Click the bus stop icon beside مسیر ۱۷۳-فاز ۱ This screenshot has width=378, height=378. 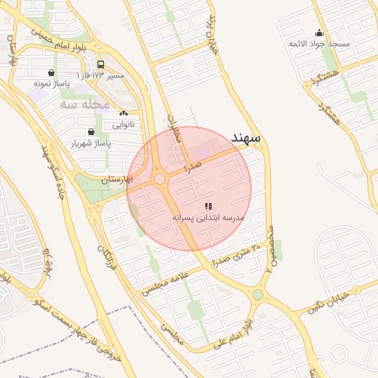point(101,64)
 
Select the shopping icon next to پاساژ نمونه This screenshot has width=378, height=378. point(50,73)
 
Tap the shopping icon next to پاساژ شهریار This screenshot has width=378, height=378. point(91,131)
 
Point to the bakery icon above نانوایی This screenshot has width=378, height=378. point(123,114)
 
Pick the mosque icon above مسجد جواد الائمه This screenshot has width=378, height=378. point(319,32)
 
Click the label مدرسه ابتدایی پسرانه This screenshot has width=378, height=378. point(208,218)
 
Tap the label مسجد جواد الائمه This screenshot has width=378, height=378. point(319,44)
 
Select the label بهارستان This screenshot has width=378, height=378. point(116,179)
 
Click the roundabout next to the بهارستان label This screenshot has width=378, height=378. point(159,179)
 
